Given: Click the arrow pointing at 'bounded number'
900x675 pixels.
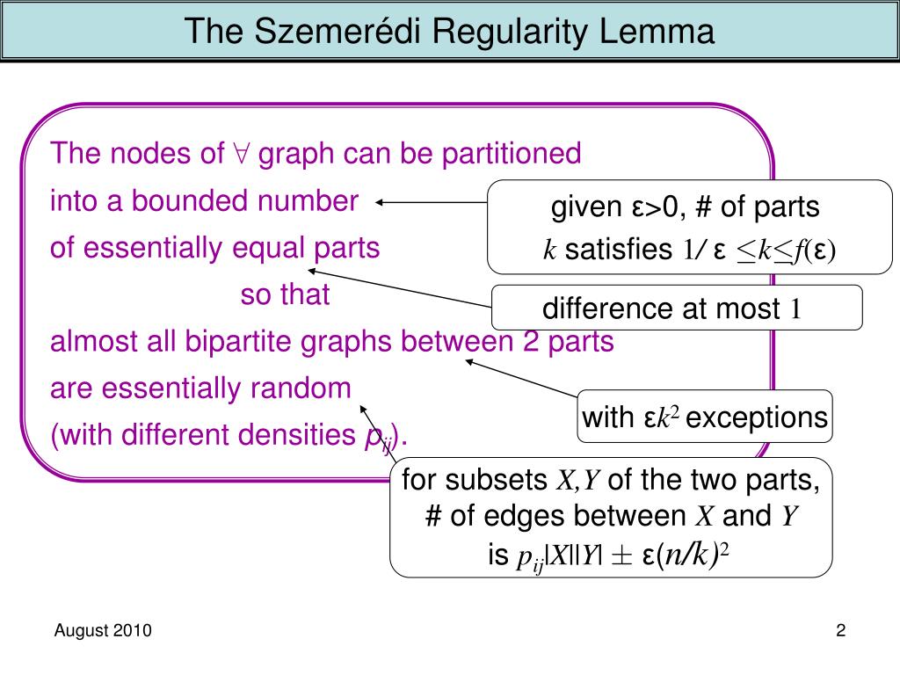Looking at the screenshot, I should [431, 201].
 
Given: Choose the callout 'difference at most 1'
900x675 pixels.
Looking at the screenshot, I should [676, 308].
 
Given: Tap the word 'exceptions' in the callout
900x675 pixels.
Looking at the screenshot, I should [757, 417].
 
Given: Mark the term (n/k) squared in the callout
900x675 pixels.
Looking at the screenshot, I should [693, 555].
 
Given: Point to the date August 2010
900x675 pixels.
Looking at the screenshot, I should [103, 630].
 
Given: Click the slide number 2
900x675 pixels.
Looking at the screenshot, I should [840, 630].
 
